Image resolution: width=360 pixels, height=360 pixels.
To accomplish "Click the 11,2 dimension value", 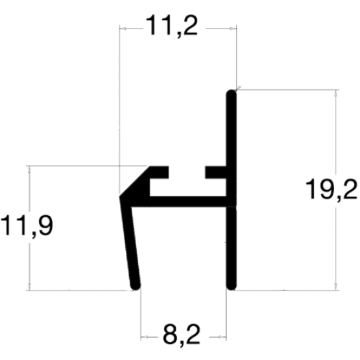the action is click(171, 26).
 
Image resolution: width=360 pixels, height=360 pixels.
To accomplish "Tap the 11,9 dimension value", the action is click(27, 226).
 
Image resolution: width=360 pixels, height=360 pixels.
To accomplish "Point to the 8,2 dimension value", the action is click(182, 335).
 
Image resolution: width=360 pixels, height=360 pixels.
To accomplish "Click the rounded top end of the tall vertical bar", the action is click(231, 93).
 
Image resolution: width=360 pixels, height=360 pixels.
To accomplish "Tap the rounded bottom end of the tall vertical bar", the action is click(232, 286).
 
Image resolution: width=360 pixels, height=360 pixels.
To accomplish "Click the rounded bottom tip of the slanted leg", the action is click(136, 285).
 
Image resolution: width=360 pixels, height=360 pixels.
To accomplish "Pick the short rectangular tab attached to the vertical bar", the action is click(216, 172).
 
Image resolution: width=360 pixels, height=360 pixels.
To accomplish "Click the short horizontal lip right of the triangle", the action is click(159, 172).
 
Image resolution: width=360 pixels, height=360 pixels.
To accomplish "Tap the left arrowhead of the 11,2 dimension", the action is click(123, 29).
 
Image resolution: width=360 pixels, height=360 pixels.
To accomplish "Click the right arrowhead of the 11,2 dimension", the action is click(233, 29).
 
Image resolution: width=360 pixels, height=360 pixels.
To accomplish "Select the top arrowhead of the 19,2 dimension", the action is click(336, 93).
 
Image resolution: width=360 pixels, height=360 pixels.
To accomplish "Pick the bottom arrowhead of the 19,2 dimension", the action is click(336, 287).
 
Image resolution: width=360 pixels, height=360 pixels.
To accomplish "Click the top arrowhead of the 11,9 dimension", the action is click(29, 169).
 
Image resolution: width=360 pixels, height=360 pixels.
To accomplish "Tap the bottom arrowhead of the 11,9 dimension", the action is click(29, 287).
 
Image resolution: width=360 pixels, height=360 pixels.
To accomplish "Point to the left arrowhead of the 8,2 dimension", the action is click(145, 337).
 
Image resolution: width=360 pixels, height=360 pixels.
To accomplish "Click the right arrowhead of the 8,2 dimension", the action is click(222, 337).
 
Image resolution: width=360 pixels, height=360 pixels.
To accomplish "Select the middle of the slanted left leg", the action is click(130, 243).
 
